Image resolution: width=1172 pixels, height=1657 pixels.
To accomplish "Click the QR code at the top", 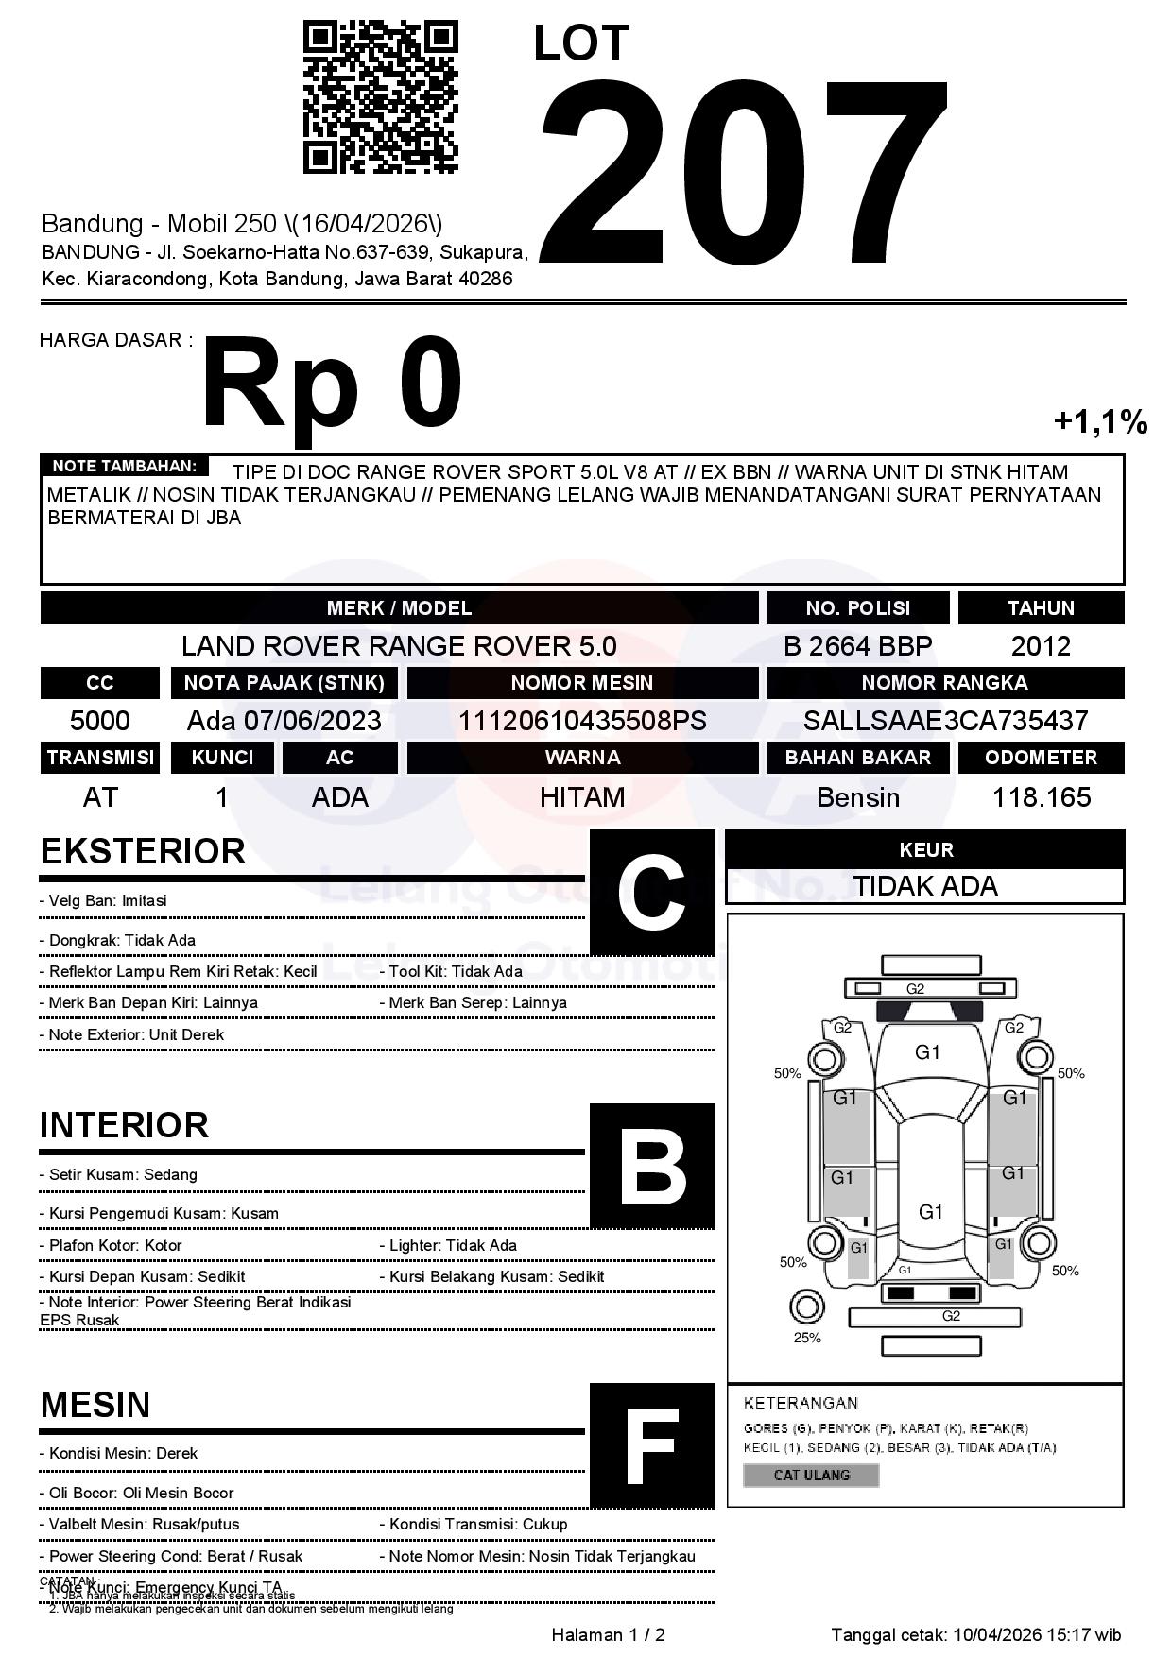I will [x=380, y=98].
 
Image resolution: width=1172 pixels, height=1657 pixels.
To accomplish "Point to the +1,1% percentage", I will [x=1100, y=421].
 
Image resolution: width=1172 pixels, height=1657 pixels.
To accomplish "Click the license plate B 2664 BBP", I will [x=857, y=646].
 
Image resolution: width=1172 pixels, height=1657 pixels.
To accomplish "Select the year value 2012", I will [x=1041, y=646].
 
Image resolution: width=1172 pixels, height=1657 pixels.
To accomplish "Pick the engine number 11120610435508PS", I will [x=582, y=721].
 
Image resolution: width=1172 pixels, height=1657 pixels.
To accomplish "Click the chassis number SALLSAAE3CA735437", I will [x=945, y=721].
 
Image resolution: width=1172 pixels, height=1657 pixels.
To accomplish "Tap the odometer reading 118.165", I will [x=1041, y=797].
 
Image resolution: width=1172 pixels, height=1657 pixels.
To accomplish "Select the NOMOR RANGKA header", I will [x=945, y=683].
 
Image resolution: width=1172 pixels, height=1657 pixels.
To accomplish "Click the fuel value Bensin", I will [x=857, y=797].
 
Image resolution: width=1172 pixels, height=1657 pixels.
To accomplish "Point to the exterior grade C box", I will [x=652, y=893].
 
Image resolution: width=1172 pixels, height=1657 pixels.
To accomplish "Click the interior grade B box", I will [x=652, y=1166].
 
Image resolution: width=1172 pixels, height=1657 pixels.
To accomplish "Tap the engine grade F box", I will [x=652, y=1445].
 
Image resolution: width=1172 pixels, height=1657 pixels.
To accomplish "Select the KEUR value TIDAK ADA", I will [x=925, y=886].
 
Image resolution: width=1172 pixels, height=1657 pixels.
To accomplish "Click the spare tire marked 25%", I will [x=806, y=1307].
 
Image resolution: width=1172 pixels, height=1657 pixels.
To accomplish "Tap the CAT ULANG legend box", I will [x=811, y=1475].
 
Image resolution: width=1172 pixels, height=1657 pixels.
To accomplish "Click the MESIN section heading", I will [x=95, y=1405].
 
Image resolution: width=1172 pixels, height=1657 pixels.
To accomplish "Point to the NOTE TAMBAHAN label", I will [x=124, y=466].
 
